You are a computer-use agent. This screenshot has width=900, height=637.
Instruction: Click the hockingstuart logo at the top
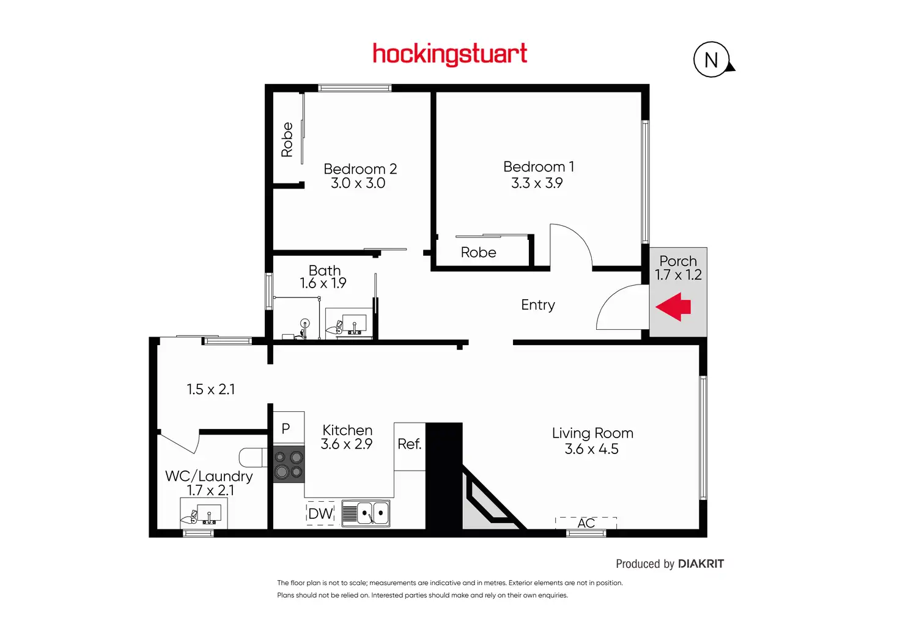(449, 54)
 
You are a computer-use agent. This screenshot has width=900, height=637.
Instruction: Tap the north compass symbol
(712, 60)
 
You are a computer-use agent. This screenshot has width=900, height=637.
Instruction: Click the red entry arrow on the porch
(674, 307)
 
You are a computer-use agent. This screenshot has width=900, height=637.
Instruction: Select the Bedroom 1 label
(538, 166)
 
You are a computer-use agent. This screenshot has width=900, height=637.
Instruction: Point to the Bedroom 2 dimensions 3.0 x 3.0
(358, 183)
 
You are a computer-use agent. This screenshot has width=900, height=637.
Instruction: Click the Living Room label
(592, 433)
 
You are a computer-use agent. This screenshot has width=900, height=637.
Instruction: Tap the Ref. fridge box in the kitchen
(409, 444)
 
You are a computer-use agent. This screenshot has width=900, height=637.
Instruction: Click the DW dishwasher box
(320, 513)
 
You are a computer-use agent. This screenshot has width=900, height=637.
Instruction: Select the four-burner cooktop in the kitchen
(289, 464)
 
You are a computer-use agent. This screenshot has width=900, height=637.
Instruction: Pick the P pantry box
(286, 428)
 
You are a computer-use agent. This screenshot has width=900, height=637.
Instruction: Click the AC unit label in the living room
(586, 523)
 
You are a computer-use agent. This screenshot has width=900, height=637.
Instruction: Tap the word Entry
(538, 305)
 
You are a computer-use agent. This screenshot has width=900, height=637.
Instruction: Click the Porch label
(678, 261)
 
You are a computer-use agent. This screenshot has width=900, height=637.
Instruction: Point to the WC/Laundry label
(208, 476)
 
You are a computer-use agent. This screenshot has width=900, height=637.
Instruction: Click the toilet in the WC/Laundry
(252, 457)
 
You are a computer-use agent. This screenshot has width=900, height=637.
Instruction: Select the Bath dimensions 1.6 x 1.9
(323, 283)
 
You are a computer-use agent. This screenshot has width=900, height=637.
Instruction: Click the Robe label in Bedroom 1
(478, 252)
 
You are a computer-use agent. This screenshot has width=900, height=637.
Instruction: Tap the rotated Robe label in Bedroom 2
(287, 140)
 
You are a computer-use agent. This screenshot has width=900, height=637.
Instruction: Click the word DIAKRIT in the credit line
(701, 564)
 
